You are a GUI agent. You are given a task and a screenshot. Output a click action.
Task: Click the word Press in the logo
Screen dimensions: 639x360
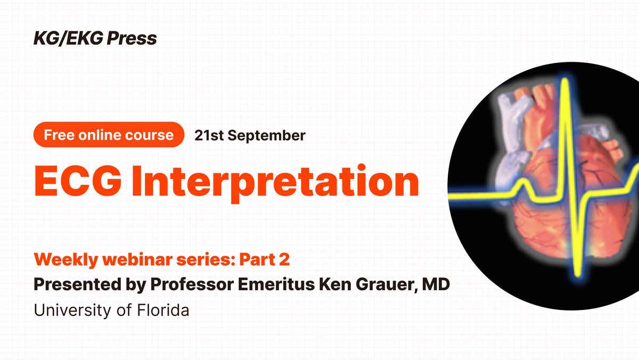click(x=132, y=38)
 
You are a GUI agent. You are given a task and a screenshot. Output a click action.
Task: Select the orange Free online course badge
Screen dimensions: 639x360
click(x=109, y=135)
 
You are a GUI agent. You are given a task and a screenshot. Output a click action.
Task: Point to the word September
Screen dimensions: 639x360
click(x=266, y=136)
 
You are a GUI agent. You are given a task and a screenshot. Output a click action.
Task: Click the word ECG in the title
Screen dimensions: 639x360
click(x=78, y=182)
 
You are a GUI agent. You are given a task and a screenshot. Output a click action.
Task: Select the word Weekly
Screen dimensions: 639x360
click(x=66, y=260)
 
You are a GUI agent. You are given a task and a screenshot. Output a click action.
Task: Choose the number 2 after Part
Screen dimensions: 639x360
click(x=284, y=259)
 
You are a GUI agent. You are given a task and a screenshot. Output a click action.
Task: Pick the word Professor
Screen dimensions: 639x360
click(x=192, y=284)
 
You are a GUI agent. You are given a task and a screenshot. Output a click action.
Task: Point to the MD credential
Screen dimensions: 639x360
click(x=436, y=284)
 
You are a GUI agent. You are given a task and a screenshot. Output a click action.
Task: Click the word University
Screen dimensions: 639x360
click(x=73, y=310)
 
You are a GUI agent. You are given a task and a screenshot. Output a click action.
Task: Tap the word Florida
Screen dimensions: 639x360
click(x=163, y=310)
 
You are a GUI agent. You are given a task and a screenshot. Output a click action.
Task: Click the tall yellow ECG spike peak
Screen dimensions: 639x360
click(x=564, y=80)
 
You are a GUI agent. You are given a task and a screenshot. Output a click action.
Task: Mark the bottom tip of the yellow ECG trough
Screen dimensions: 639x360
click(x=578, y=274)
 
